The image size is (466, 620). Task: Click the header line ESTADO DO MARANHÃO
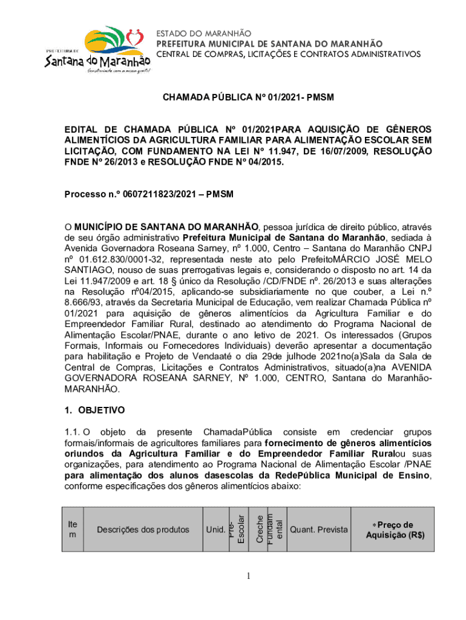coord(204,33)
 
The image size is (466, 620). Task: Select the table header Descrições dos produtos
coord(143,530)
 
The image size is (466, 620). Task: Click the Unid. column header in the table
coord(215,530)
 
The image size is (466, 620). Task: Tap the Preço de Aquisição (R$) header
coord(392,530)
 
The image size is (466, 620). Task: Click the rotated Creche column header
coord(260,529)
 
